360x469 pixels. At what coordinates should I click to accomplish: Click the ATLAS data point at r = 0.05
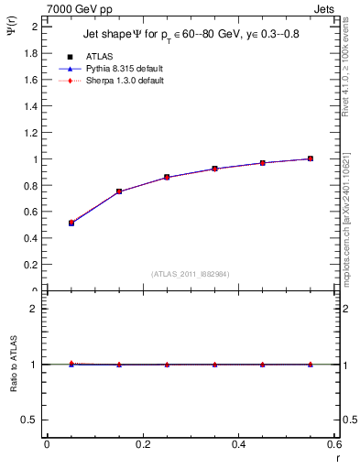coord(71,223)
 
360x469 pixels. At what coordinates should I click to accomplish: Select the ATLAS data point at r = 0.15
coord(119,191)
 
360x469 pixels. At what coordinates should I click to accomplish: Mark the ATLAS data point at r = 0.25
coord(167,177)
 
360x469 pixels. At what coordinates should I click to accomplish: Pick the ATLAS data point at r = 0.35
coord(214,169)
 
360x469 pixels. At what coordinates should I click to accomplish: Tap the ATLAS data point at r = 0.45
coord(263,163)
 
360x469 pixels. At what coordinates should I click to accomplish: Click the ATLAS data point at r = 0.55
coord(311,158)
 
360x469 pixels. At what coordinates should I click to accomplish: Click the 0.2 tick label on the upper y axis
coord(29,265)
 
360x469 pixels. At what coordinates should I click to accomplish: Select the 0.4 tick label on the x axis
coord(238,444)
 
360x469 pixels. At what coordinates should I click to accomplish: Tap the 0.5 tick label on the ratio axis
coord(29,420)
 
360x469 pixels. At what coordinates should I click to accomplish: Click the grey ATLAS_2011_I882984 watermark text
coord(191,273)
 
